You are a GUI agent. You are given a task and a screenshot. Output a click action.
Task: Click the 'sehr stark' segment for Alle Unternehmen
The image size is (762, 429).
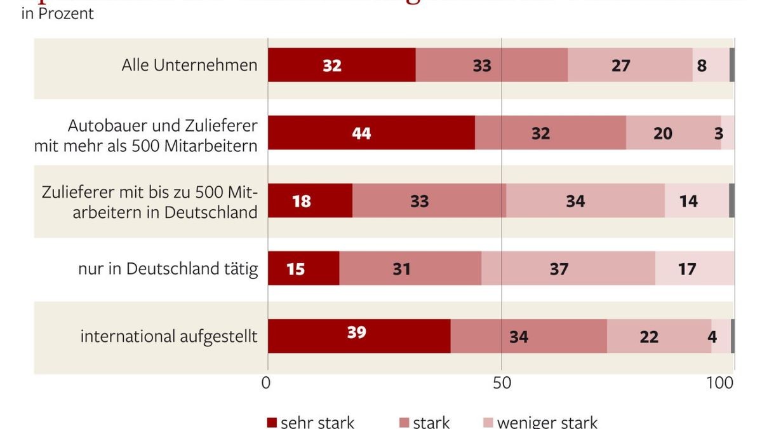pyautogui.click(x=341, y=65)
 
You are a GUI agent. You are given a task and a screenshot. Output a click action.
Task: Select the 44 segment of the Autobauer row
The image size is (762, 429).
pyautogui.click(x=371, y=133)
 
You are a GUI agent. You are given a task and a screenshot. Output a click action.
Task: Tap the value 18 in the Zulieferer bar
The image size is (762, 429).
pyautogui.click(x=310, y=201)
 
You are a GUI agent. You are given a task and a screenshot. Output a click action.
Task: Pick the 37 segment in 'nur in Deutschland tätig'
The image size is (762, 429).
pyautogui.click(x=568, y=268)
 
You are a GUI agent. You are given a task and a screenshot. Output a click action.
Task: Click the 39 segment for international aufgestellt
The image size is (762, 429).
pyautogui.click(x=359, y=336)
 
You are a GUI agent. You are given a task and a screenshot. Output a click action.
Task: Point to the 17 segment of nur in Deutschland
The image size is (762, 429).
pyautogui.click(x=693, y=268)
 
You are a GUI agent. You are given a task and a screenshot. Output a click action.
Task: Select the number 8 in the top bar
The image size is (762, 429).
pyautogui.click(x=710, y=65)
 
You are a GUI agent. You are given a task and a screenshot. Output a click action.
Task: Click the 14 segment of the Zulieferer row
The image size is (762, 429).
pyautogui.click(x=696, y=201)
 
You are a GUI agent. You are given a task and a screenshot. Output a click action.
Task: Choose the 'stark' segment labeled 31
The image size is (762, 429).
pyautogui.click(x=410, y=268)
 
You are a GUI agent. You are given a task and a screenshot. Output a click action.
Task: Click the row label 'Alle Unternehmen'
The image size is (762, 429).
pyautogui.click(x=189, y=65)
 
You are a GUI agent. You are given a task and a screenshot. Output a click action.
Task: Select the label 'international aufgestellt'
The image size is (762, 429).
pyautogui.click(x=168, y=336)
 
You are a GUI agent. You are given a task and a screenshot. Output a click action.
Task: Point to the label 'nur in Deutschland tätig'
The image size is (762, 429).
pyautogui.click(x=168, y=269)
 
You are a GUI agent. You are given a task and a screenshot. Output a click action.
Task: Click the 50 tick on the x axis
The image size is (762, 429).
pyautogui.click(x=502, y=383)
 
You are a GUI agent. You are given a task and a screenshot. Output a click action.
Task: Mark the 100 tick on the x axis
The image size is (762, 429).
pyautogui.click(x=721, y=383)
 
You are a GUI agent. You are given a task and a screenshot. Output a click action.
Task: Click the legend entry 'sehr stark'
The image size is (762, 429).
pyautogui.click(x=310, y=422)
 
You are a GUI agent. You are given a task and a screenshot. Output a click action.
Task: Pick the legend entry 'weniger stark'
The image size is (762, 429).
pyautogui.click(x=539, y=422)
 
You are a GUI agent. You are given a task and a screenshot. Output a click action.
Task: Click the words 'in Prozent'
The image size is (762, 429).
pyautogui.click(x=57, y=13)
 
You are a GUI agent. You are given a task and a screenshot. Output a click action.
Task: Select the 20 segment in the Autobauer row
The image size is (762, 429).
pyautogui.click(x=673, y=133)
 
